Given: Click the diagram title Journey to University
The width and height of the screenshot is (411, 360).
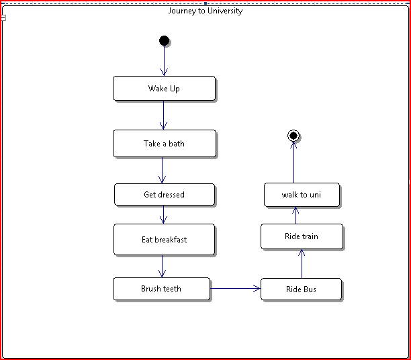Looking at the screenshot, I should click(x=205, y=11).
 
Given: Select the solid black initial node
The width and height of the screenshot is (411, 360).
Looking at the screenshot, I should click(x=164, y=41).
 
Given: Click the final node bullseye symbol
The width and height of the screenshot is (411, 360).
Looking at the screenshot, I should click(x=293, y=136).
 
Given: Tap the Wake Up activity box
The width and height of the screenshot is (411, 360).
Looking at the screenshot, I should click(x=164, y=88).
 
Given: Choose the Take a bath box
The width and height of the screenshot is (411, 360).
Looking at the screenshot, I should click(x=164, y=143).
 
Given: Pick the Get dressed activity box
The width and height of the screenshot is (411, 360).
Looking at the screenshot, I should click(x=164, y=194).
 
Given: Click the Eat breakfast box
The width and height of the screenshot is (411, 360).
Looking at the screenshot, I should click(x=164, y=239).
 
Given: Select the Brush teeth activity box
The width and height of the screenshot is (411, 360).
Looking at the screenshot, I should click(x=161, y=289).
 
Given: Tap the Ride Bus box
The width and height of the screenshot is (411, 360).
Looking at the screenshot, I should click(x=301, y=289).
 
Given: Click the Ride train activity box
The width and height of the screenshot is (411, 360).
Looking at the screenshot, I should click(x=301, y=236).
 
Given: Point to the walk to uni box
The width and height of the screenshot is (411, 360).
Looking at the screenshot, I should click(x=301, y=195).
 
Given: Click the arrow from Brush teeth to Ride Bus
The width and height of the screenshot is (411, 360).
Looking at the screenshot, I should click(x=235, y=289).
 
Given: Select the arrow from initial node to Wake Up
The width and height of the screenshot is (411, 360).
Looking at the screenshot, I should click(x=164, y=61).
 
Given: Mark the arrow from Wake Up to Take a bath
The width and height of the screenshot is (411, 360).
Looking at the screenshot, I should click(x=163, y=115).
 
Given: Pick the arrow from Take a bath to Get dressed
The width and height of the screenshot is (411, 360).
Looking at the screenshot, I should click(x=162, y=170).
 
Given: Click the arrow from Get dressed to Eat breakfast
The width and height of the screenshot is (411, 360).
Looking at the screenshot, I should click(x=163, y=214).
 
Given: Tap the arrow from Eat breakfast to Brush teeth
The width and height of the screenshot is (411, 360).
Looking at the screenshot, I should click(x=162, y=266).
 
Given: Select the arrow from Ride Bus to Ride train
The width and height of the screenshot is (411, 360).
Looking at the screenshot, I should click(x=302, y=263).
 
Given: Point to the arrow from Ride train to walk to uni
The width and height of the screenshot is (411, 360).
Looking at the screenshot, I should click(x=295, y=216).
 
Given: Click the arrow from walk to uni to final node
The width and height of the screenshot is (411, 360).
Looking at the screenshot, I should click(x=293, y=163).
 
